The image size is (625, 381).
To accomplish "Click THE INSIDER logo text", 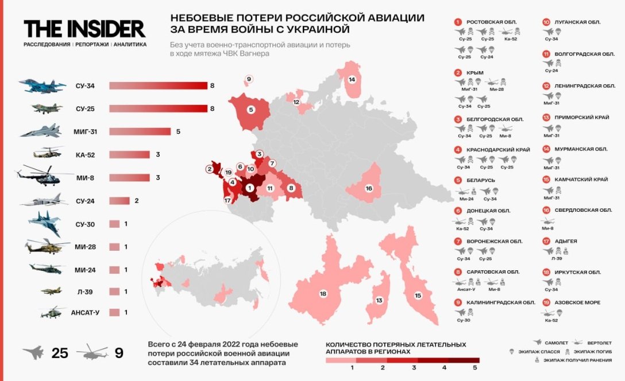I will tap(84, 29).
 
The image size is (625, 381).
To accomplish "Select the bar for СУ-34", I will tap(158, 86).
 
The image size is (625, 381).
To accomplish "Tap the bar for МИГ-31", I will tap(140, 131).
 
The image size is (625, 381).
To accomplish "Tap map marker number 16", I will tap(369, 188).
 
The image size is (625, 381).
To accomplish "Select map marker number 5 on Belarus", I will tap(250, 109).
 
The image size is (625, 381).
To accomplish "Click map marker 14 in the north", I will tap(352, 79).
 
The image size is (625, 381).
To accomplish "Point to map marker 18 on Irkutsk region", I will tap(323, 293).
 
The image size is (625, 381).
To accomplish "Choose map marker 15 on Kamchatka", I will tap(418, 295).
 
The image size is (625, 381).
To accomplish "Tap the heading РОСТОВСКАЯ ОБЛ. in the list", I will tap(491, 22).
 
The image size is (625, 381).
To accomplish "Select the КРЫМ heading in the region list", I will tap(475, 73).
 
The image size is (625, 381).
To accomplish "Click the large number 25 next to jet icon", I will tap(60, 353).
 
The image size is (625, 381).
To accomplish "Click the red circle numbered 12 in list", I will tap(546, 85).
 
